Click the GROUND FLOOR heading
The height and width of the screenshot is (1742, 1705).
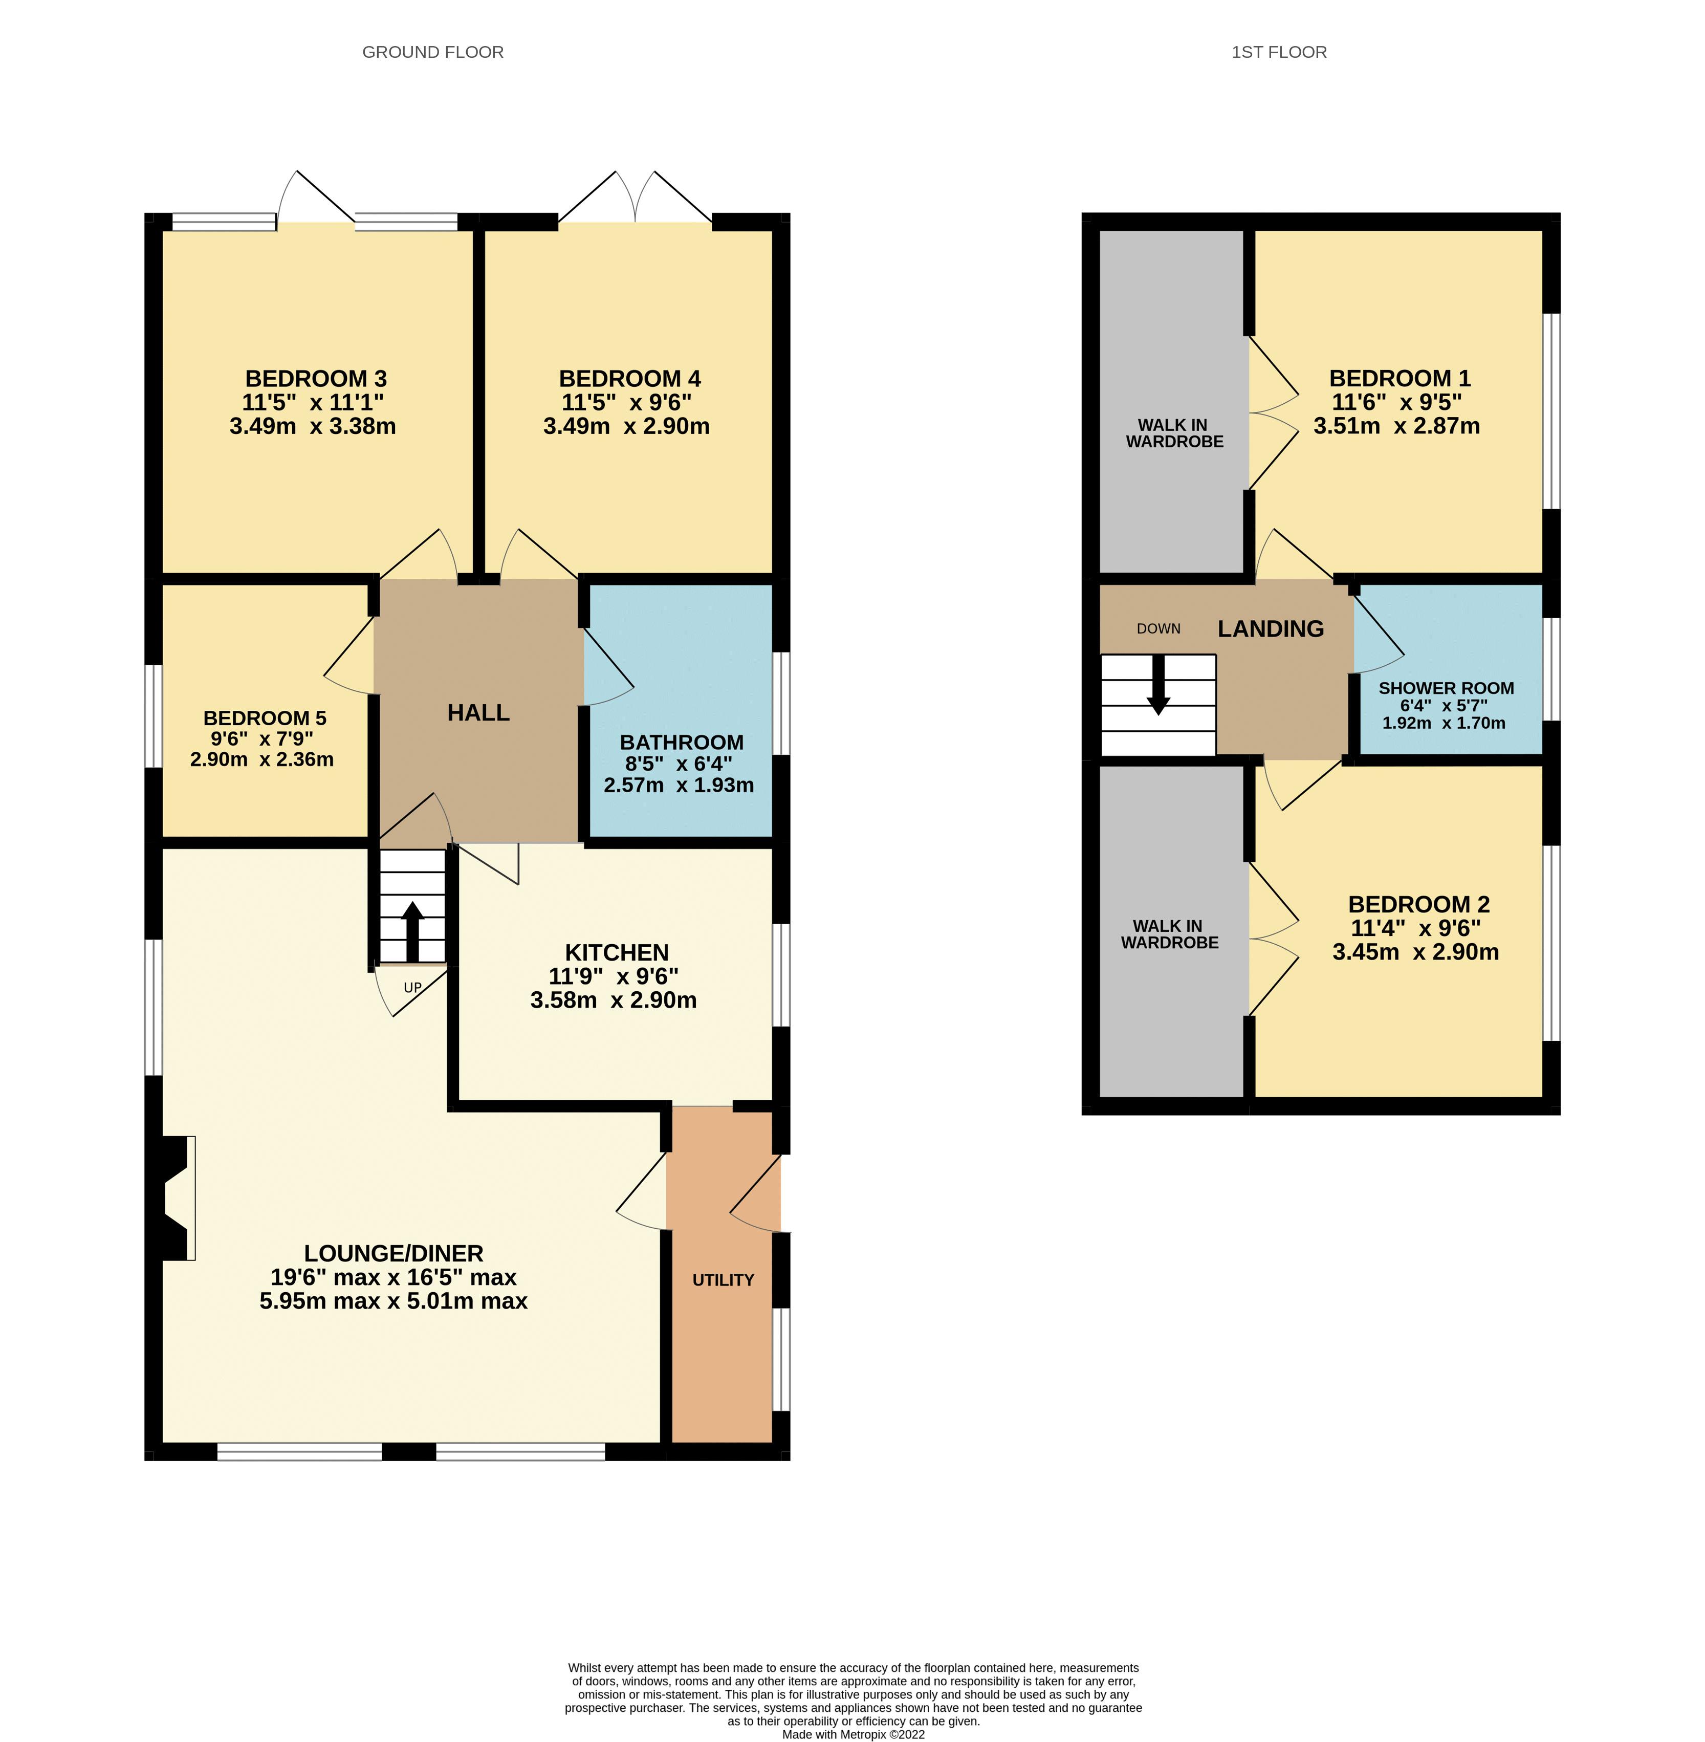[432, 52]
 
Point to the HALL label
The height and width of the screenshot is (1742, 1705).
[478, 713]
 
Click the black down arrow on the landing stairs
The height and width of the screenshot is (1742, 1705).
[1158, 686]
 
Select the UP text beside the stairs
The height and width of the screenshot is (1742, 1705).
[412, 988]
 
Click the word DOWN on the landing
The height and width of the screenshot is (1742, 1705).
[1158, 629]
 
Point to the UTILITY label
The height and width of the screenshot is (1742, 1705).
[723, 1280]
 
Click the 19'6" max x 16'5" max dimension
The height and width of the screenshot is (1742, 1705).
[393, 1277]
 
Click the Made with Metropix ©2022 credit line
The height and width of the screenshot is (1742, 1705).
[852, 1734]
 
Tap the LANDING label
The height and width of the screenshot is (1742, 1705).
[1270, 629]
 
